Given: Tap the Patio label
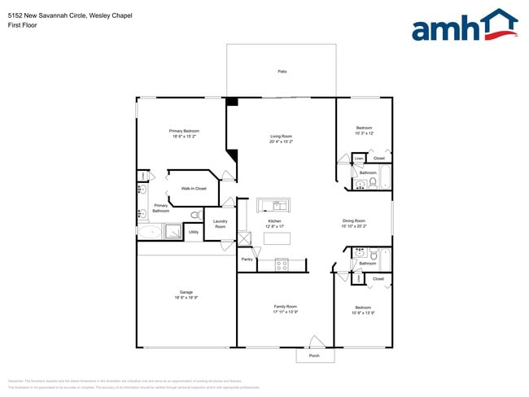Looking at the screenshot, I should point(282,72).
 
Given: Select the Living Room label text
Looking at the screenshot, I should point(281,136).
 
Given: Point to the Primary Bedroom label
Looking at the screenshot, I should point(184,131).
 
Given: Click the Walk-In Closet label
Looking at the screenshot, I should point(194,188).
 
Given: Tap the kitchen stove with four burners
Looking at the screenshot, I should point(282,264).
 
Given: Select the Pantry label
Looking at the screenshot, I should point(247,259).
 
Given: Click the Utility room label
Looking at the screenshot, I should point(194,232).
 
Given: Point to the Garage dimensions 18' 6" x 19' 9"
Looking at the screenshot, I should point(186,298).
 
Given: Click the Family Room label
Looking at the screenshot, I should point(285,307).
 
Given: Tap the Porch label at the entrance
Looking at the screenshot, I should point(314,356).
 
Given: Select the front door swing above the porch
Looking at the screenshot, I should point(317,341).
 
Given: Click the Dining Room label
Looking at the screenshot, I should point(354,220).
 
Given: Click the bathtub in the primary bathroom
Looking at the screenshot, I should point(150,232).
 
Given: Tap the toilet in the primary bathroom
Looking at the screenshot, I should point(195,215).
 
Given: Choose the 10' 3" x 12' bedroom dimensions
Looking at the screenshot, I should point(364,133).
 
